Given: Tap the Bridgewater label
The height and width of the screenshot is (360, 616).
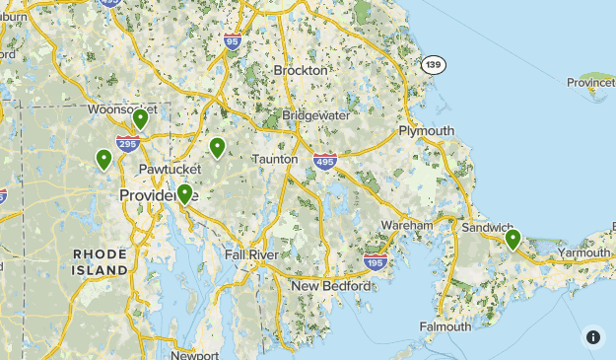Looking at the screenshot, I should point(315,115).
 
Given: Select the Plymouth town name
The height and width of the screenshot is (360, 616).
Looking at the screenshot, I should point(427,131).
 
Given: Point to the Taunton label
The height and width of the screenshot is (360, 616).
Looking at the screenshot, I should point(275,159).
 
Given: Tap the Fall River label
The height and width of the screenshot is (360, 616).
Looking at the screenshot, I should point(251,255).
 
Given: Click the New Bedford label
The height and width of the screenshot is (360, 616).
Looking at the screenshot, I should point(331,286).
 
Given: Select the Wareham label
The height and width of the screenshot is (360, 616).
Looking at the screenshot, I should point(408,226).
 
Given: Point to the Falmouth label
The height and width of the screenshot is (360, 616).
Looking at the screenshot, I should point(445,326).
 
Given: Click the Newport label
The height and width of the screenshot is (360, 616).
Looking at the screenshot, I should point(194,355).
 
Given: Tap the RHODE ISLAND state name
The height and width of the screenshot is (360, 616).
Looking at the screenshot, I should point(101,261).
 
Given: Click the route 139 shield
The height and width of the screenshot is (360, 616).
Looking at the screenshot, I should point(433,64).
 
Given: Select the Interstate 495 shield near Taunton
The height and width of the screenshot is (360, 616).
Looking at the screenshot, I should point(325,159).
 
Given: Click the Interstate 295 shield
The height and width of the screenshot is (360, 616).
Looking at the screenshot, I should point(127,144).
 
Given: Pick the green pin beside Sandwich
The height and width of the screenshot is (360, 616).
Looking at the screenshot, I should point(513,239).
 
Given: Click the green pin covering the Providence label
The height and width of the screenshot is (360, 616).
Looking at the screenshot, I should point(183,194).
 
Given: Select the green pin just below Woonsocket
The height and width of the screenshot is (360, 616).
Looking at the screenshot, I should point(141,119).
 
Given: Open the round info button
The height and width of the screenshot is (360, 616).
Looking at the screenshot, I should point(593,337).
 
